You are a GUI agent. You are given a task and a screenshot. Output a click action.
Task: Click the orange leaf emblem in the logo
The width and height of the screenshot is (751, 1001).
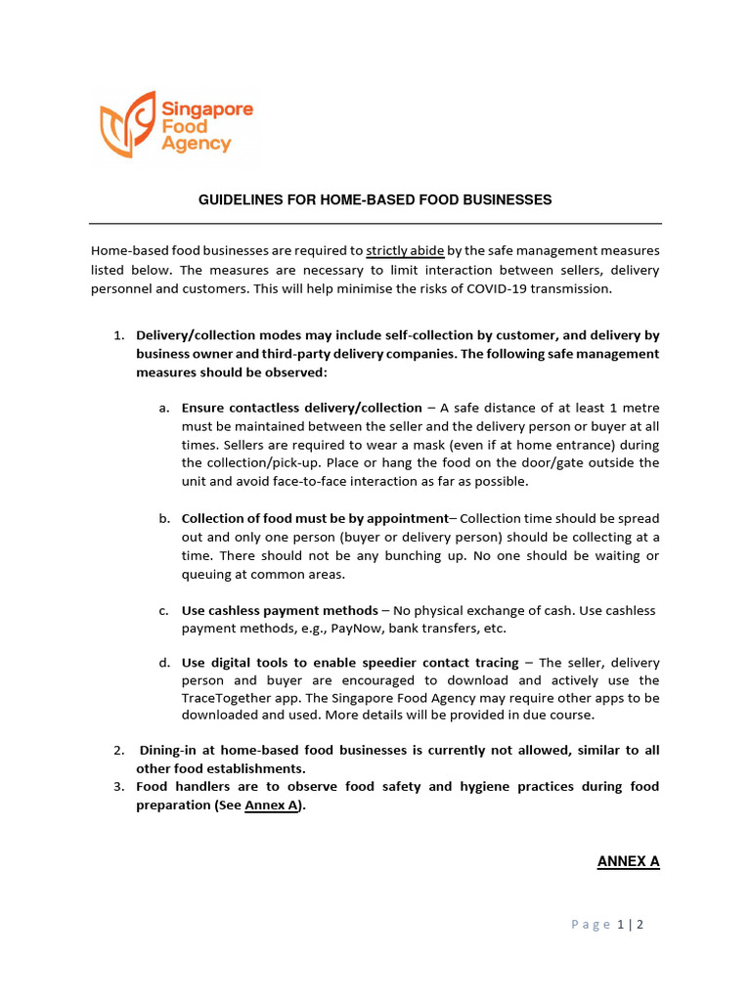128,124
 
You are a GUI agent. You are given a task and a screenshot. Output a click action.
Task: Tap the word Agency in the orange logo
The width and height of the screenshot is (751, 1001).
198,144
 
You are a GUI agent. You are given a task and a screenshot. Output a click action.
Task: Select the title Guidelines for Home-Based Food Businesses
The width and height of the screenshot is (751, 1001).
375,199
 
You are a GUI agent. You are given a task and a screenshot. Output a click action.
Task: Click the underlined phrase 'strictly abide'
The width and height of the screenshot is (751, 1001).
405,250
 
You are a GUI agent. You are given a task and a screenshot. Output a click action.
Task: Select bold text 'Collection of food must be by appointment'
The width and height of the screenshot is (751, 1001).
314,519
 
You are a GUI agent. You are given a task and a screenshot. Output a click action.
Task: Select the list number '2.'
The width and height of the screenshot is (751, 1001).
118,751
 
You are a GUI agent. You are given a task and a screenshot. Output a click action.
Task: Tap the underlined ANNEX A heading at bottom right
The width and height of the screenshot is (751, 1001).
628,861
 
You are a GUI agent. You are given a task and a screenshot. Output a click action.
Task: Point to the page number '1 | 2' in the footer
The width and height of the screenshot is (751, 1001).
630,925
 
